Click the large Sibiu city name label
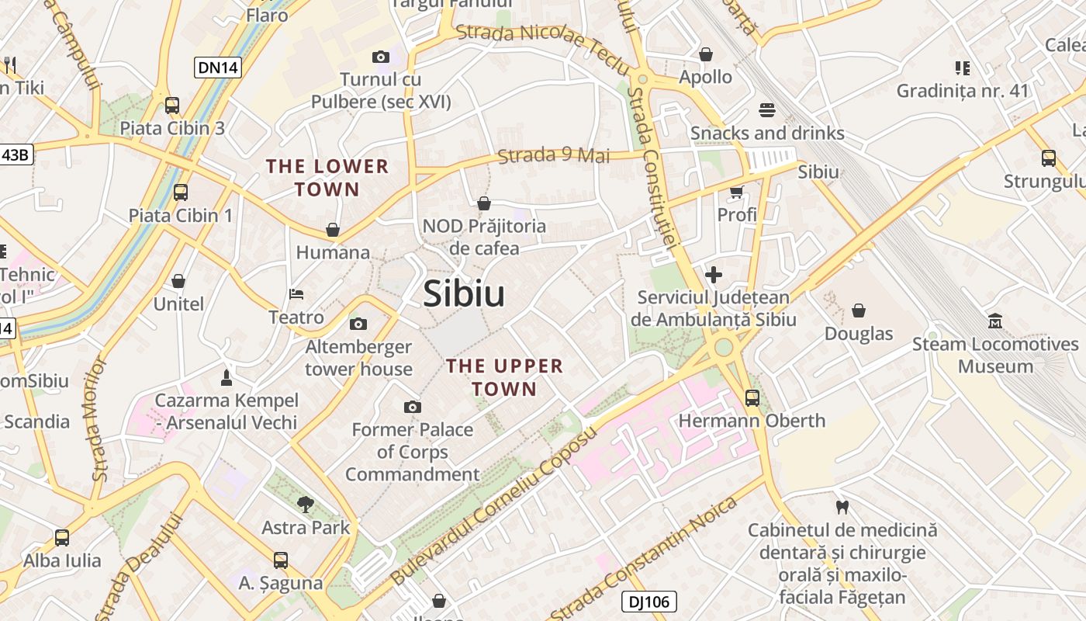pyautogui.click(x=464, y=294)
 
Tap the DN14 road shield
pyautogui.click(x=217, y=68)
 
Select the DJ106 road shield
pyautogui.click(x=648, y=601)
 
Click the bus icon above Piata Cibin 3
pyautogui.click(x=172, y=106)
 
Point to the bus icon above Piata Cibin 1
pyautogui.click(x=181, y=193)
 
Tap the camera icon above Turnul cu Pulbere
pyautogui.click(x=380, y=57)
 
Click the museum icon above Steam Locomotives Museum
pyautogui.click(x=995, y=321)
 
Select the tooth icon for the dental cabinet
pyautogui.click(x=842, y=508)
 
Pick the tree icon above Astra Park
pyautogui.click(x=306, y=505)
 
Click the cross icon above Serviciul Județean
pyautogui.click(x=713, y=275)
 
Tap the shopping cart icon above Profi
pyautogui.click(x=736, y=192)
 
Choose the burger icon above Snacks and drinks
pyautogui.click(x=767, y=110)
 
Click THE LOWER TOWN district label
pyautogui.click(x=327, y=177)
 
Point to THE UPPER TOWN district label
pyautogui.click(x=504, y=376)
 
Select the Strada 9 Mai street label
pyautogui.click(x=554, y=155)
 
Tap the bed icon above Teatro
pyautogui.click(x=296, y=294)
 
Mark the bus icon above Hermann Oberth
pyautogui.click(x=752, y=398)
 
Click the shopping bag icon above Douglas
pyautogui.click(x=859, y=311)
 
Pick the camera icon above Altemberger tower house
pyautogui.click(x=358, y=324)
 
